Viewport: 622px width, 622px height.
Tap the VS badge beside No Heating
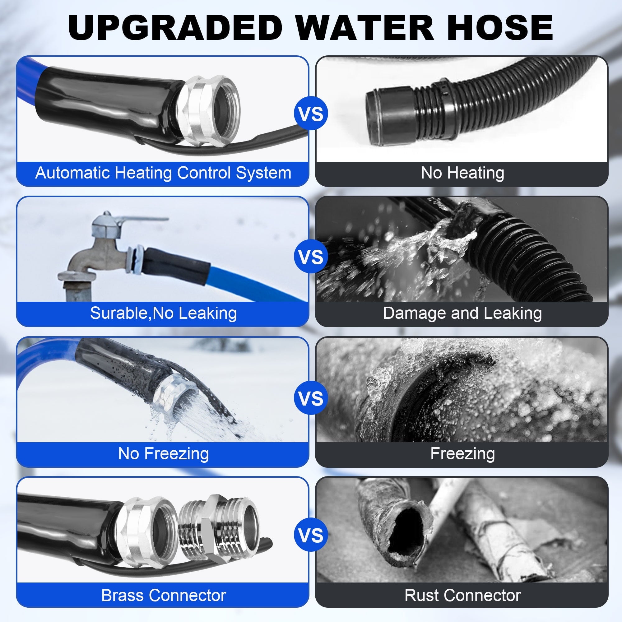coord(311,114)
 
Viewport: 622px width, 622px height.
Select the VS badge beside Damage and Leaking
coord(311,257)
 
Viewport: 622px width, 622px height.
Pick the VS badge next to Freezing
coord(311,398)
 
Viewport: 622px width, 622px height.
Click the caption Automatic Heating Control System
coord(163,173)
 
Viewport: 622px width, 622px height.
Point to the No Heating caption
coord(462,173)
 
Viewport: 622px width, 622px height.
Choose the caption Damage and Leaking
coord(462,313)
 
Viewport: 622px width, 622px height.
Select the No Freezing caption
coord(163,454)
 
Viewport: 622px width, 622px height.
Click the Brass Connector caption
coord(163,596)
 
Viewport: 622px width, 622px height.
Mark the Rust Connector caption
coord(462,596)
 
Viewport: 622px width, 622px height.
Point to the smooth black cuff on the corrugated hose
coord(391,118)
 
